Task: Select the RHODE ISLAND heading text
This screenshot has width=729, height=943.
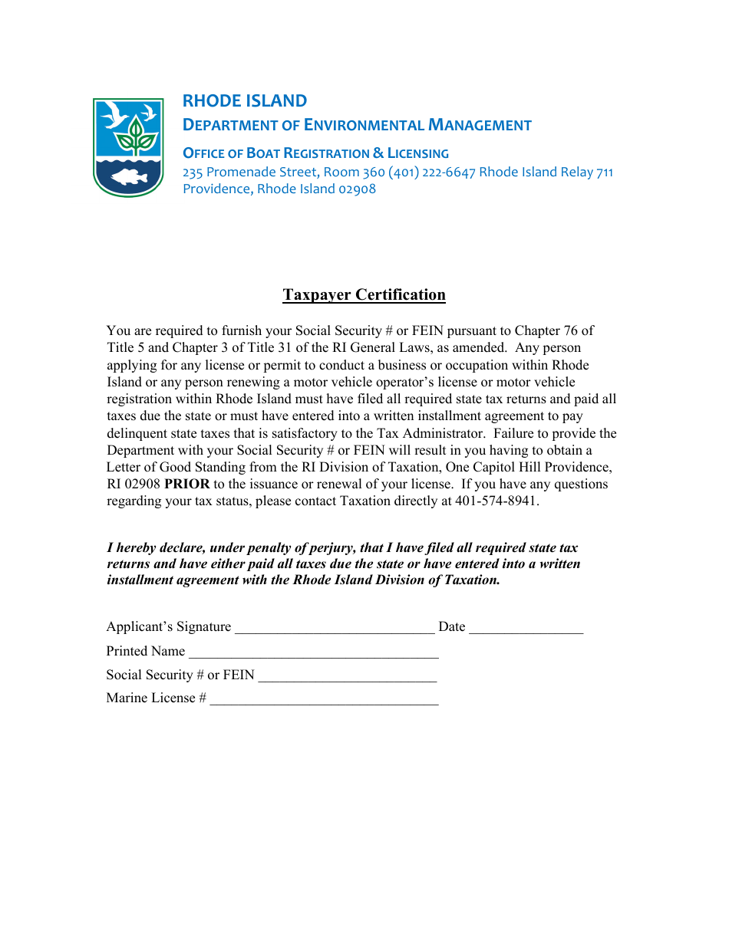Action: click(244, 101)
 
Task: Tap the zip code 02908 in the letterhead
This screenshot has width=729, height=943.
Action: click(358, 189)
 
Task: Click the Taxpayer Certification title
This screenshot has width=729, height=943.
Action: click(364, 295)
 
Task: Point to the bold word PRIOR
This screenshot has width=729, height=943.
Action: click(186, 485)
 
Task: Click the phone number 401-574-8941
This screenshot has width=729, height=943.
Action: click(496, 501)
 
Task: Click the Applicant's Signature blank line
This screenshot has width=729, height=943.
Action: click(335, 628)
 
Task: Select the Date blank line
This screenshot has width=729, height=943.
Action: click(526, 628)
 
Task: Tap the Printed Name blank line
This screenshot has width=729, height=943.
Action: click(313, 652)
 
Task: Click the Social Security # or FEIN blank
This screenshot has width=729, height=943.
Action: click(347, 675)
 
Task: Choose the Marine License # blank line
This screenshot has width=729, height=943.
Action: click(324, 698)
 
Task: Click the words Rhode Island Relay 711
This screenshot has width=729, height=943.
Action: click(546, 172)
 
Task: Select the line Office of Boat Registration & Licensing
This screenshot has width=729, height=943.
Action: click(315, 153)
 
